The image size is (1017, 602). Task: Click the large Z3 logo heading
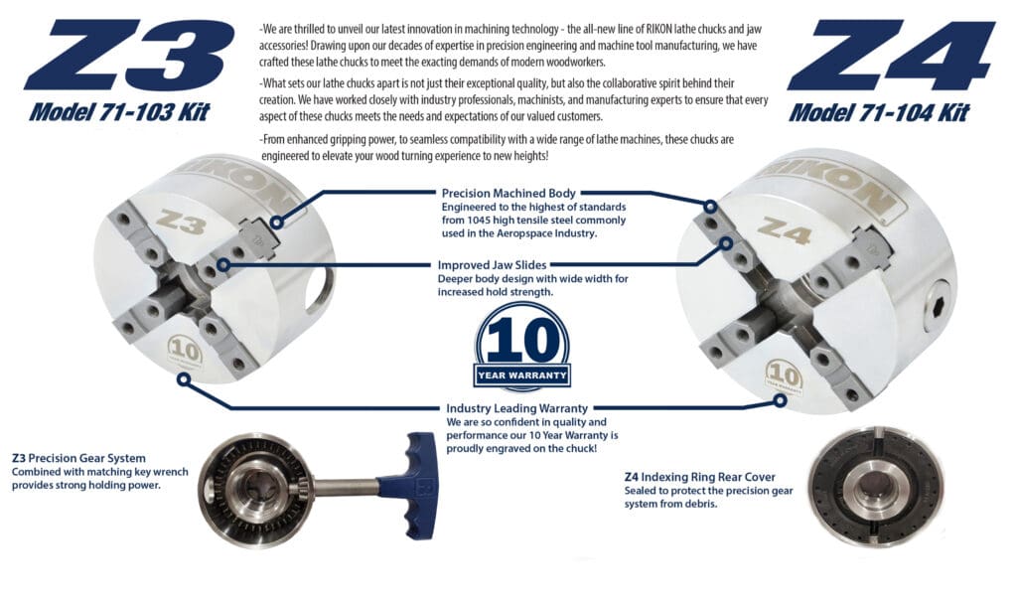tap(129, 56)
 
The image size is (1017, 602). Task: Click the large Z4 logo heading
tap(891, 56)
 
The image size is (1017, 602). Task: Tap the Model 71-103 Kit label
tap(119, 112)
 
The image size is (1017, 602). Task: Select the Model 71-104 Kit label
tap(879, 113)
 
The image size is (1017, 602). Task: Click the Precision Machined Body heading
tap(508, 193)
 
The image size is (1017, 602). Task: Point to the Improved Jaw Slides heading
tap(492, 264)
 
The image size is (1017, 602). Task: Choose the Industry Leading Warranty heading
tap(516, 408)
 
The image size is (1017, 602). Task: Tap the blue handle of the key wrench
tap(408, 484)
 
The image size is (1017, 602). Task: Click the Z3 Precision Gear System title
tap(78, 458)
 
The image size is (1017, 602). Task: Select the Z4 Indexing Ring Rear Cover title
tap(700, 477)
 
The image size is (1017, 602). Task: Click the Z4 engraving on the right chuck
tap(785, 230)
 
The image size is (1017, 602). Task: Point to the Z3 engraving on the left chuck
tap(182, 222)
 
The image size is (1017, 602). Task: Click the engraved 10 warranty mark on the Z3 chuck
tap(185, 353)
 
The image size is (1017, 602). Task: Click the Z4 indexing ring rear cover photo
tap(873, 486)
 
